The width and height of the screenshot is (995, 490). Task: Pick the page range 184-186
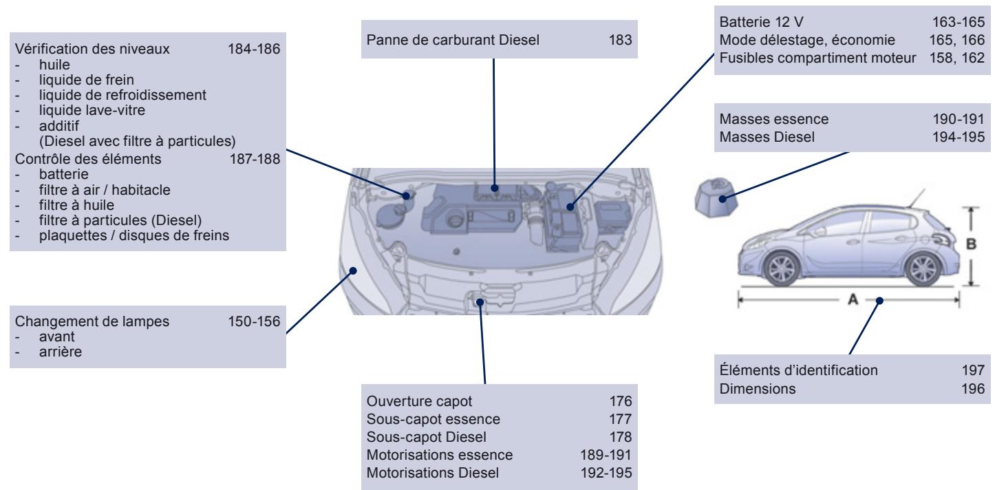pyautogui.click(x=254, y=50)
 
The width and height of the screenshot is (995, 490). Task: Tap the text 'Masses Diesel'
pyautogui.click(x=757, y=137)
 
